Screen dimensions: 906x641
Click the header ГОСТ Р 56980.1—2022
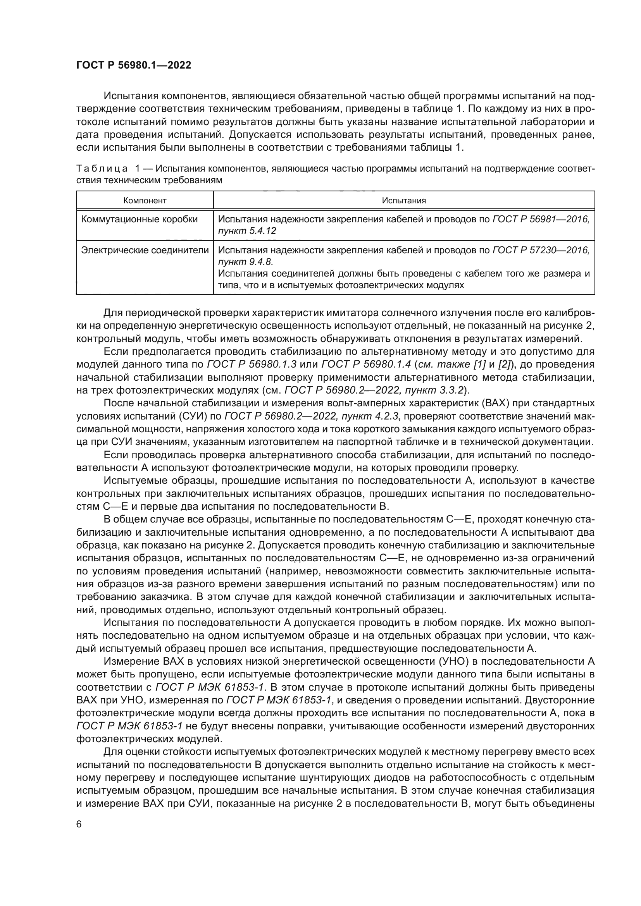click(133, 65)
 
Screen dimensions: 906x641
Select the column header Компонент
click(145, 201)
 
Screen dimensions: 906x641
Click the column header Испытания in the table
click(404, 201)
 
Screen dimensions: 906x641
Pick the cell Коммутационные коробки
click(140, 219)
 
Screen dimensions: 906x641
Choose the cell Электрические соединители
click(145, 250)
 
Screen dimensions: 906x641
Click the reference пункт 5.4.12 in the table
click(247, 231)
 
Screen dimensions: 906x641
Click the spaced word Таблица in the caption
click(102, 169)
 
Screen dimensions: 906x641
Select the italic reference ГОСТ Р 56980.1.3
click(252, 364)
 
